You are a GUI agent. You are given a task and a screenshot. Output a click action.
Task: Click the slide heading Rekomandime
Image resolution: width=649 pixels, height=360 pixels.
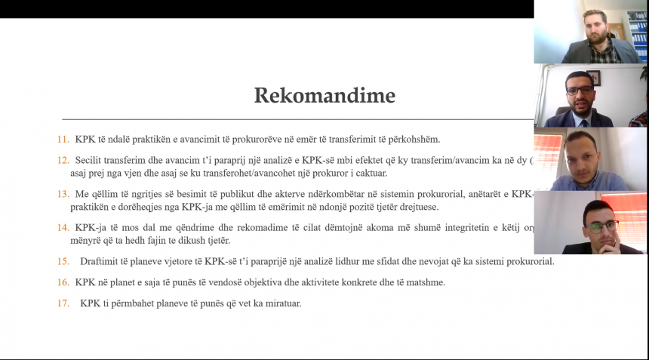[324, 96]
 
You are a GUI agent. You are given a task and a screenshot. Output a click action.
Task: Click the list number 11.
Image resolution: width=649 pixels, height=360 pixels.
[63, 140]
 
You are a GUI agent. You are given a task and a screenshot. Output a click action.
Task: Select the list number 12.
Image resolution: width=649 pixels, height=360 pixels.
[63, 160]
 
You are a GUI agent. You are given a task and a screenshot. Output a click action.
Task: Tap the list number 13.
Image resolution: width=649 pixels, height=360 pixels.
[63, 194]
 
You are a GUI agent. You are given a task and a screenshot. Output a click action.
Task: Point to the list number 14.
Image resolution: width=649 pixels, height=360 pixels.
[63, 227]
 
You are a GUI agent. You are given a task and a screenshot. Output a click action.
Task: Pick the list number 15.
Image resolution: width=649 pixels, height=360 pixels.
[63, 262]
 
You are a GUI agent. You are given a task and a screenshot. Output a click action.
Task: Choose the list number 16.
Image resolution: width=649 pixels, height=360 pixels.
[63, 282]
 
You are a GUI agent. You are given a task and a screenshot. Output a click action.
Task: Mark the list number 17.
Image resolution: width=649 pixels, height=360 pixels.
[63, 303]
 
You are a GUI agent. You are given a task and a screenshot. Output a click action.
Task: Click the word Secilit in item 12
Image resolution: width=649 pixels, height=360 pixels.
[91, 160]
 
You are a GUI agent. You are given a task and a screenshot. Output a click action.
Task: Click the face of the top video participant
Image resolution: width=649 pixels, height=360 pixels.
[595, 27]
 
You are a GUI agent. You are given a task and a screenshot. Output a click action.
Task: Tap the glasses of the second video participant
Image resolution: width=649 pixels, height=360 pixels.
[580, 90]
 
